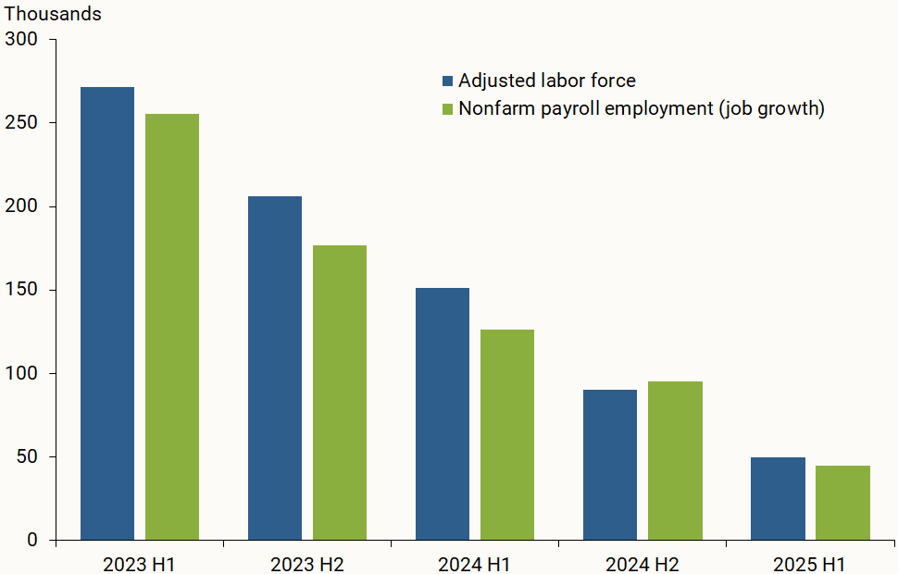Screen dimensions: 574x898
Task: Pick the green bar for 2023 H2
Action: click(x=340, y=393)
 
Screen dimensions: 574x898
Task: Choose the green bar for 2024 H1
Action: click(x=507, y=434)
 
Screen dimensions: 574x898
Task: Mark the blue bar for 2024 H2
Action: click(x=610, y=465)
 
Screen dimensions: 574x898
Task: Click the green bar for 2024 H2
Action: click(x=675, y=460)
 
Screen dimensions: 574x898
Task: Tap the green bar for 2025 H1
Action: click(x=842, y=503)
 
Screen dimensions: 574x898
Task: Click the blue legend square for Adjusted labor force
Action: click(x=448, y=81)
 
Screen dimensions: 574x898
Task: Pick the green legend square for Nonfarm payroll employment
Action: click(x=448, y=109)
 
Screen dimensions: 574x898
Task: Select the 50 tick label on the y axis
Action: click(x=27, y=456)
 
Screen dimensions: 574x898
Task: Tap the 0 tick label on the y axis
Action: click(x=32, y=540)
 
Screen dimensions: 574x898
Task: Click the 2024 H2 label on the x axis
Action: click(x=642, y=564)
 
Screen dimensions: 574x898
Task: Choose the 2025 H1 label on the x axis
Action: click(x=809, y=564)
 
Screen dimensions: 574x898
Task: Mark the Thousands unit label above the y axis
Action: click(x=54, y=15)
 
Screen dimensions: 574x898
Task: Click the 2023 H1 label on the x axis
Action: click(x=140, y=564)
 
